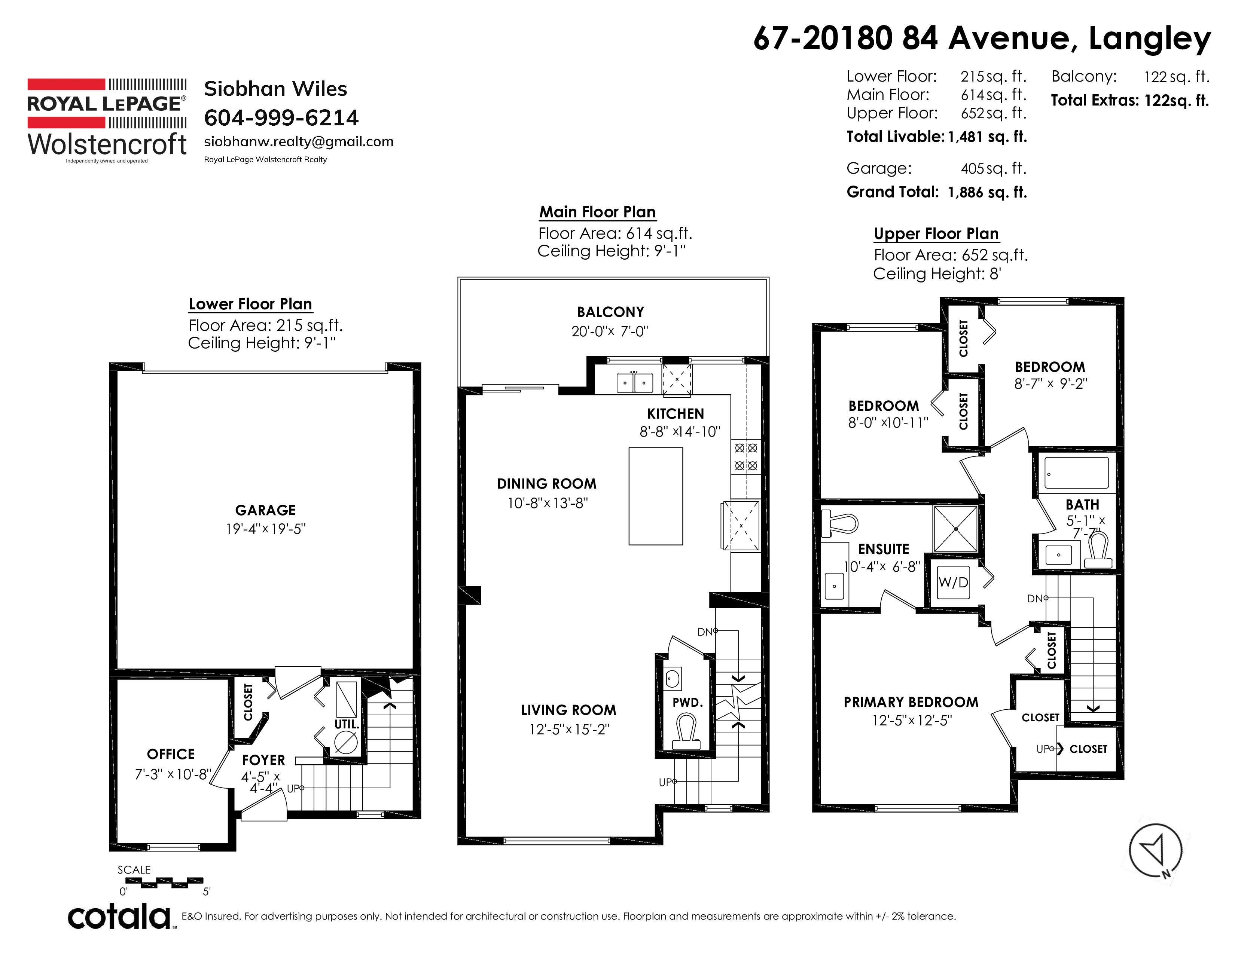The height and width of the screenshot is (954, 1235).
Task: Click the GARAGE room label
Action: (x=265, y=510)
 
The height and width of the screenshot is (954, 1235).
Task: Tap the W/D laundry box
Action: (x=954, y=582)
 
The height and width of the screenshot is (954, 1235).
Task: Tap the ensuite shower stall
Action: (x=956, y=528)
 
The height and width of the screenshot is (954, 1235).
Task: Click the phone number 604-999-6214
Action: (x=281, y=117)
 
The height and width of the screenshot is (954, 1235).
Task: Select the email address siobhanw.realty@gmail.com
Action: (x=299, y=141)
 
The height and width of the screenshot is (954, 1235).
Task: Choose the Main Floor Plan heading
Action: (x=597, y=212)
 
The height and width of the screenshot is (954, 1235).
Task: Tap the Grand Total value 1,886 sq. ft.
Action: (x=987, y=192)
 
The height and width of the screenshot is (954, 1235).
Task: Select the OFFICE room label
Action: (x=171, y=754)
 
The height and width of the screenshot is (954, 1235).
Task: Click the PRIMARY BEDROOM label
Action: (x=911, y=702)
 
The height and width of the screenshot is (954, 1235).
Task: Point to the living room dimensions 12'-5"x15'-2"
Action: (x=569, y=729)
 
